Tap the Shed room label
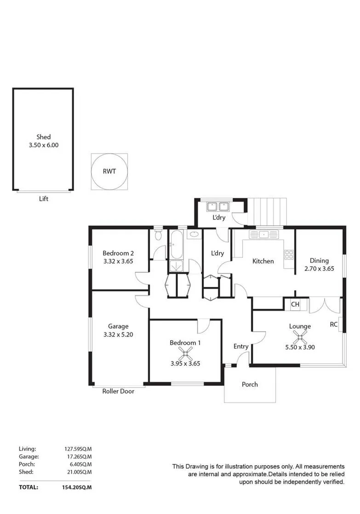pos(43,137)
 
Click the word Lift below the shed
pos(44,199)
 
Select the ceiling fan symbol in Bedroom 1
pos(185,354)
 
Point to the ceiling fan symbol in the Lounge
pos(300,337)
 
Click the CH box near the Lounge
pos(295,304)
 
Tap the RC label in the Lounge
pos(334,325)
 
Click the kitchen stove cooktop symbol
pos(289,255)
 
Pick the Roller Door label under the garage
pos(118,391)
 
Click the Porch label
pos(250,384)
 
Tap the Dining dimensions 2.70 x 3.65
pos(320,269)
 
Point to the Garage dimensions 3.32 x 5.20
pos(118,335)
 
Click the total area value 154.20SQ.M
pos(77,487)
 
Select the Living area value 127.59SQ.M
pos(78,449)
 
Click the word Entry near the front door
pos(240,347)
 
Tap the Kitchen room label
pos(263,261)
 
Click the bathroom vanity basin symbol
pos(194,234)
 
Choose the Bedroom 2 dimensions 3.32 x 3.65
pos(118,262)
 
